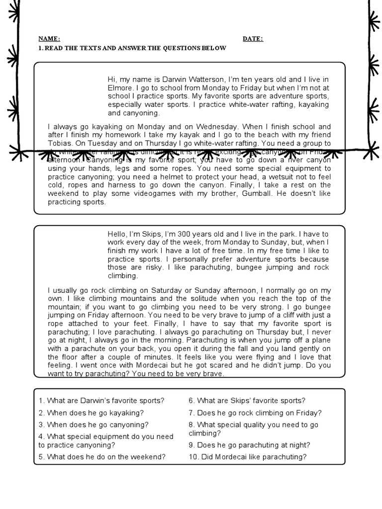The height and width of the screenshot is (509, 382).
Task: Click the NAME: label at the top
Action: point(49,39)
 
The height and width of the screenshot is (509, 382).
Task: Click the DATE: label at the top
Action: point(253,39)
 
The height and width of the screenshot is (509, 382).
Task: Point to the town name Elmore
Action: point(119,87)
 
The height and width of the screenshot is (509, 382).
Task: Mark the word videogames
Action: point(174,194)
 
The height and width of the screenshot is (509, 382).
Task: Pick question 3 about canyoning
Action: point(94,424)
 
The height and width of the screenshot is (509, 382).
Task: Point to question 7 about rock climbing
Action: point(255,413)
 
